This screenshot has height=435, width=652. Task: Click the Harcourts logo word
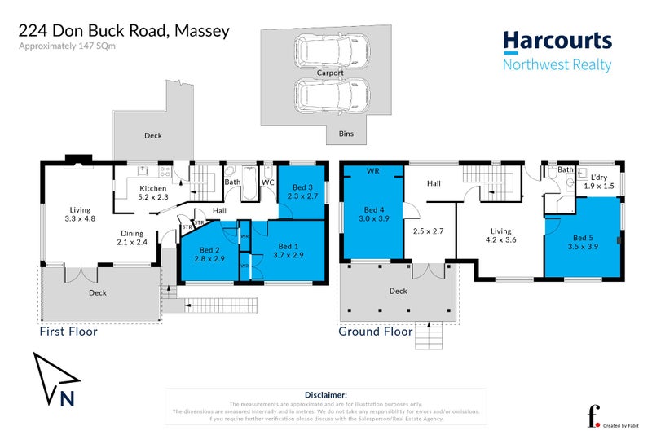[557, 40]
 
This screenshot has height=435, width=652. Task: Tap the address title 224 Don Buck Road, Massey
[124, 31]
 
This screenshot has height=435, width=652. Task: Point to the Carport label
[330, 72]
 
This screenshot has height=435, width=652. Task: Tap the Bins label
[346, 131]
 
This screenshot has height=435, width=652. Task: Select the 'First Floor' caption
[68, 332]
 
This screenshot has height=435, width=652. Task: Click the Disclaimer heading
[326, 393]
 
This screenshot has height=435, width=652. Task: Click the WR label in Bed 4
[373, 172]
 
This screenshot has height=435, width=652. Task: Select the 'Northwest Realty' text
[557, 65]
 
